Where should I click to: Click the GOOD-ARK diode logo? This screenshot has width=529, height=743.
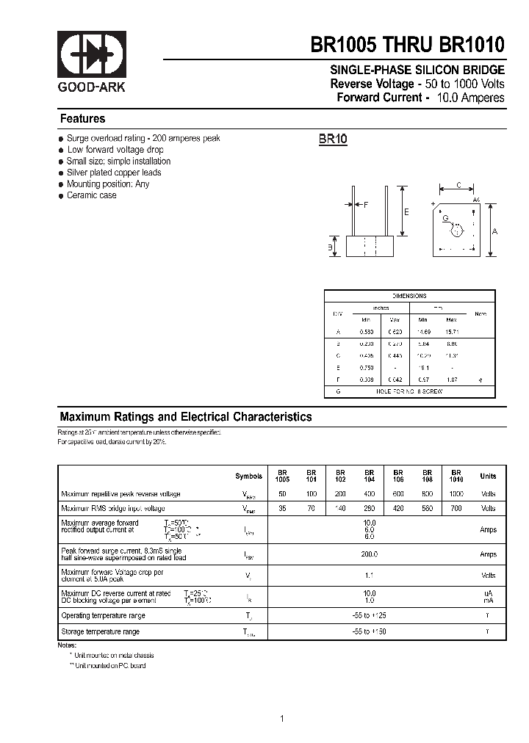82,54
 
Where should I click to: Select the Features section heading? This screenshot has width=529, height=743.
82,119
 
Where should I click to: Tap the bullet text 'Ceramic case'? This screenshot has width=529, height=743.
91,195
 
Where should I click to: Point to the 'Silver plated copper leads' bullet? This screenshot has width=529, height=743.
113,173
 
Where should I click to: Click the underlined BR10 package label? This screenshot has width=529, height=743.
333,139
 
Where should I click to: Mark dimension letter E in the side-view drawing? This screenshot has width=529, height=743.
406,211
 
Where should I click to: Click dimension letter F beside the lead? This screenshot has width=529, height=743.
365,205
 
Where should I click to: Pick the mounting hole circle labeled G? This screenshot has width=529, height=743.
455,230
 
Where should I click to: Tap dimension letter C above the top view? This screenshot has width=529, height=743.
458,186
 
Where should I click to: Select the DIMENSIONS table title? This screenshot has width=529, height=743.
409,296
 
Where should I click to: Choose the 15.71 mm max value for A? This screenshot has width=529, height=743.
451,332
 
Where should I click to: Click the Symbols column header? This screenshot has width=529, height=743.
248,476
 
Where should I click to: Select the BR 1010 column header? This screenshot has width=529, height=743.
456,476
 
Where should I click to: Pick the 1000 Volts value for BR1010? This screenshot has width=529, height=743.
456,494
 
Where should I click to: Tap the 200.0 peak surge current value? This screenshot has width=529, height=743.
370,554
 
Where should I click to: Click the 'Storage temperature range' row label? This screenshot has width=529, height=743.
100,631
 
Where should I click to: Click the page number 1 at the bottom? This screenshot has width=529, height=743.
281,719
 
